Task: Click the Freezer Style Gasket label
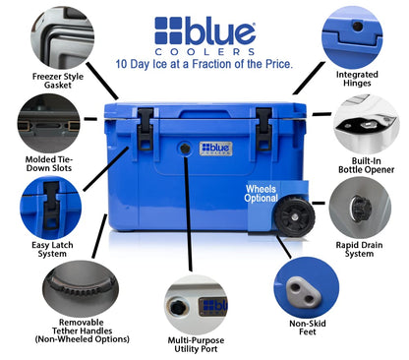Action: (58, 81)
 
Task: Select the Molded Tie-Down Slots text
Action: (49, 163)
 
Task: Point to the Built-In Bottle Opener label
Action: (366, 165)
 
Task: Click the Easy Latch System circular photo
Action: (50, 208)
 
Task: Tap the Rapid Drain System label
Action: (359, 249)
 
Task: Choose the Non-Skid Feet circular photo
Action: (307, 287)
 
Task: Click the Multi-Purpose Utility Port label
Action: (196, 344)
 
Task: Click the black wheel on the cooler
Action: (295, 216)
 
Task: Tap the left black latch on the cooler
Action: (146, 129)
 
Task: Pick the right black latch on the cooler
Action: (263, 129)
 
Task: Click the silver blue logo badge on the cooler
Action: (216, 149)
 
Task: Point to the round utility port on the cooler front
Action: (185, 149)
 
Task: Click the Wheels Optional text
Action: (262, 194)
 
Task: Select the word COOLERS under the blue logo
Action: (204, 52)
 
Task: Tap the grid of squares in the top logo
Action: (168, 30)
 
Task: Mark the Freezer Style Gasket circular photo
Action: (63, 37)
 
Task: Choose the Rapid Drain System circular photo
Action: (360, 208)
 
